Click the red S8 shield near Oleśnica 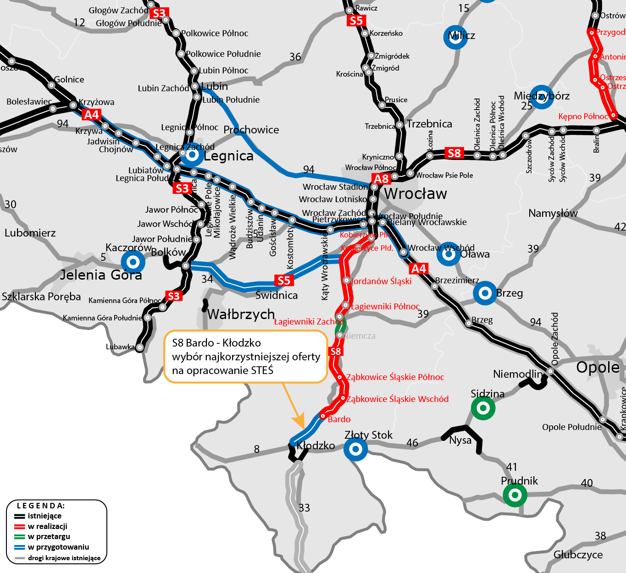[x=454, y=153]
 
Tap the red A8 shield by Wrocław [x=382, y=179]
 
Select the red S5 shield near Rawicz [x=356, y=21]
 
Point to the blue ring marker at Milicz [x=455, y=37]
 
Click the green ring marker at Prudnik [x=515, y=495]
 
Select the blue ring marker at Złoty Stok [x=355, y=449]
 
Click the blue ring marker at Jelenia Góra [x=133, y=262]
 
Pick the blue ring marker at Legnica [x=192, y=155]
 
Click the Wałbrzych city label [x=241, y=314]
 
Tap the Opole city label [x=598, y=367]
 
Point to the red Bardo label [x=339, y=419]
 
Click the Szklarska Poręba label [x=41, y=297]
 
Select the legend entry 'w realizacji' [x=48, y=526]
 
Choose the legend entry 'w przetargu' [x=49, y=536]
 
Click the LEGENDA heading [x=41, y=506]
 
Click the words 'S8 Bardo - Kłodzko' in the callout [x=216, y=343]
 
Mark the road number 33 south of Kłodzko [x=304, y=507]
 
